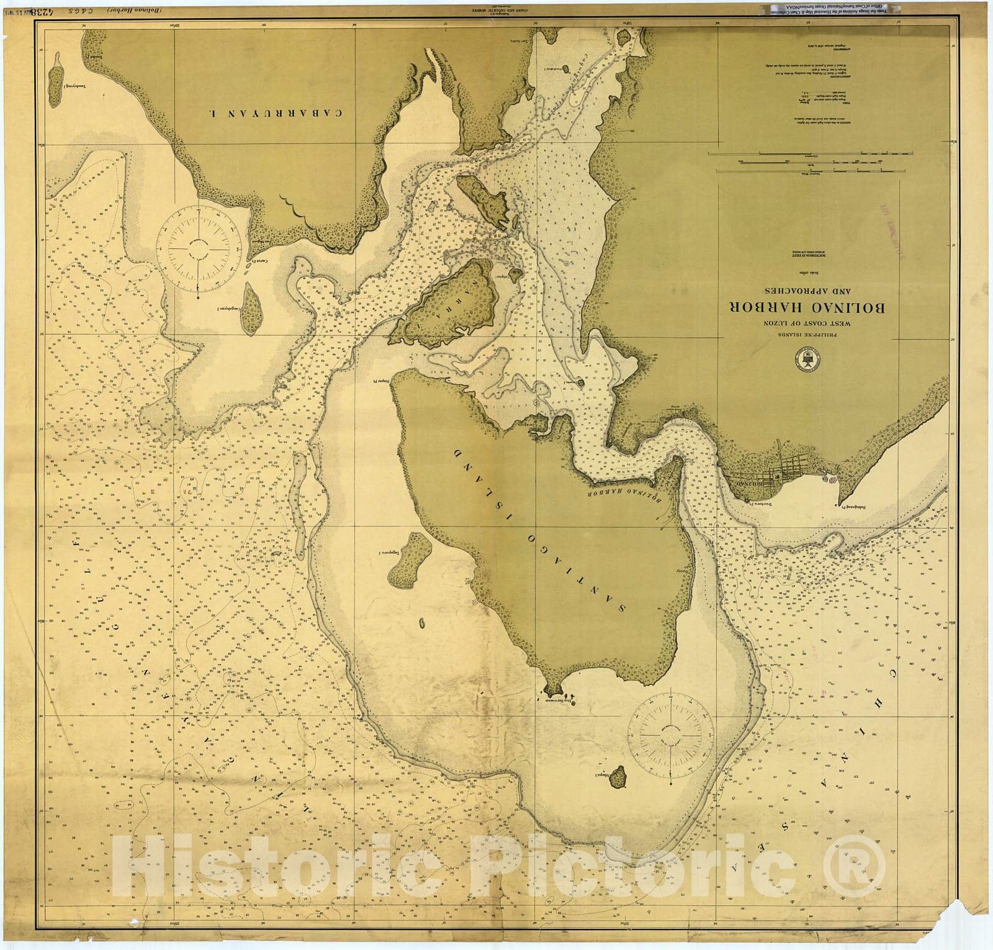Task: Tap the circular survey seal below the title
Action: coord(805,360)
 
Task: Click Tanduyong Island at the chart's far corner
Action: coord(55,76)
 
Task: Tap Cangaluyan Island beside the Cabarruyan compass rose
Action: coord(251,308)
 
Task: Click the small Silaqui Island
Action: coord(618,776)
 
